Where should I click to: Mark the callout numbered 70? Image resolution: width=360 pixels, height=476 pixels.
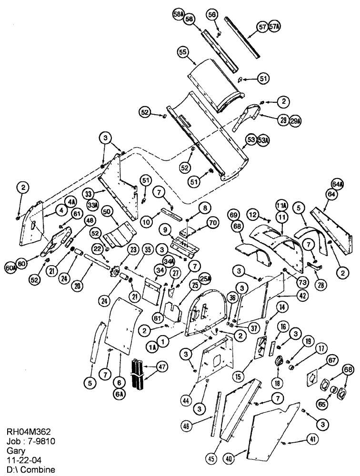[212, 221]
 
